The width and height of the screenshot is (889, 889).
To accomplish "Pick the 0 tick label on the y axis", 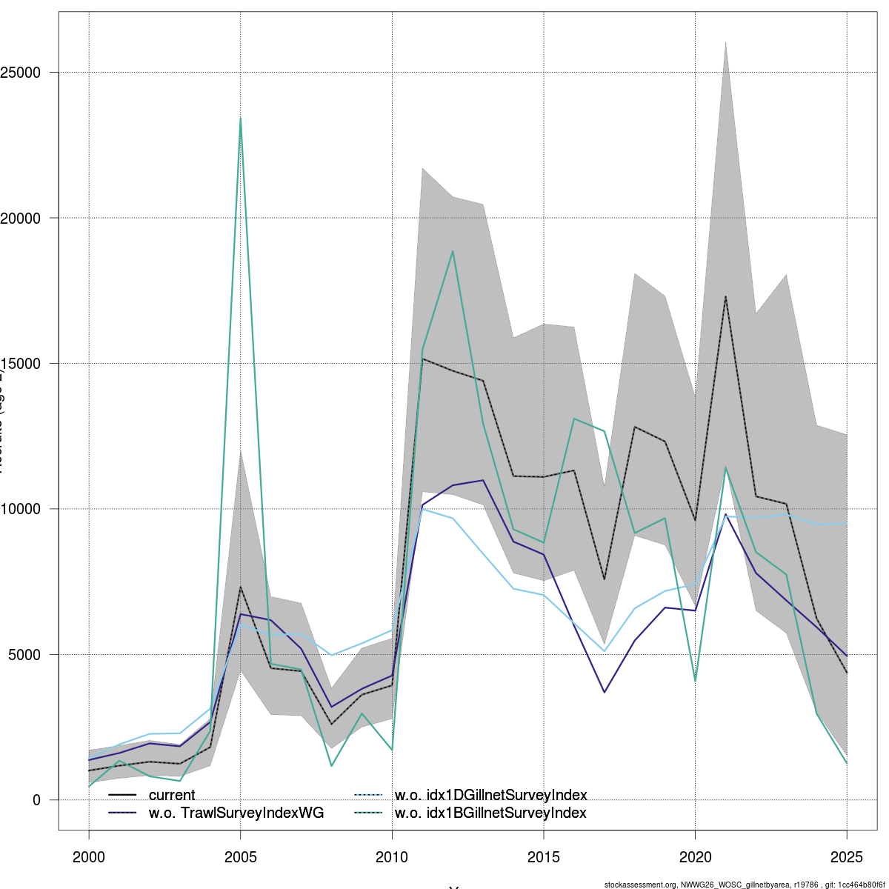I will (36, 800).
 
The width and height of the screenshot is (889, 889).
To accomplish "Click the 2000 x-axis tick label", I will (89, 858).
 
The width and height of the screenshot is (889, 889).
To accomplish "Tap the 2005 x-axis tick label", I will (241, 858).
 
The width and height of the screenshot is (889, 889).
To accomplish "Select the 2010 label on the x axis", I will (392, 858).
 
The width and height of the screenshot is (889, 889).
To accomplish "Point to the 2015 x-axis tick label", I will (544, 858).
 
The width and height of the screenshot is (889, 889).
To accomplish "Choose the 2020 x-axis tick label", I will (695, 858).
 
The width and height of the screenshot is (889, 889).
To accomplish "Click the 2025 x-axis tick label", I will (847, 858).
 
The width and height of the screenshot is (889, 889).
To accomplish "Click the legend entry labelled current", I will (172, 795).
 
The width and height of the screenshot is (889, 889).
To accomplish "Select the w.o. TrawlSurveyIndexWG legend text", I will (236, 813).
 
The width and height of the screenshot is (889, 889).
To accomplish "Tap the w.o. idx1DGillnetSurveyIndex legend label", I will (490, 795).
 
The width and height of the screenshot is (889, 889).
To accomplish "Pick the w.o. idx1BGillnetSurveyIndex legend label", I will (490, 813).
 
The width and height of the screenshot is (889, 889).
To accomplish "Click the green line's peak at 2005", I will (241, 118).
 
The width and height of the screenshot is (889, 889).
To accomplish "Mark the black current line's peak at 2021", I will (725, 296).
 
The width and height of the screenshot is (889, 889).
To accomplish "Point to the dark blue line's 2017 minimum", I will (605, 692).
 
